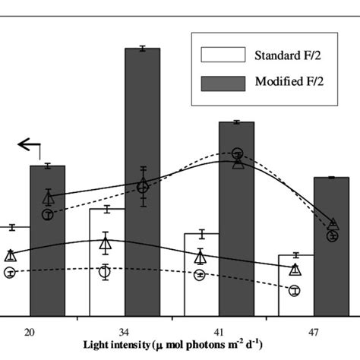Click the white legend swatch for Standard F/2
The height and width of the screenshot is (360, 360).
tap(223, 55)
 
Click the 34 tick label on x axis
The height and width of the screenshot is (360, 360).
tap(124, 331)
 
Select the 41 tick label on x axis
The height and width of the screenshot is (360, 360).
tap(219, 331)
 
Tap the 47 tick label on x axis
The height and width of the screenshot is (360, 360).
tap(313, 331)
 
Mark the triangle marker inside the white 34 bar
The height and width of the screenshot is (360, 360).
tap(106, 242)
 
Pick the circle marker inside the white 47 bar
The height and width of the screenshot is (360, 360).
tap(295, 289)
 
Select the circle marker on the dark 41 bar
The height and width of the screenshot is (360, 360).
tap(237, 153)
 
